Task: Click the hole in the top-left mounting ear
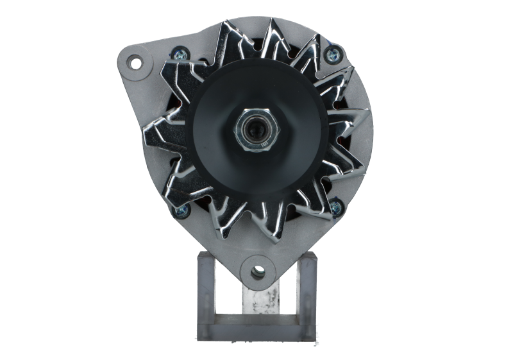tap(135, 62)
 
